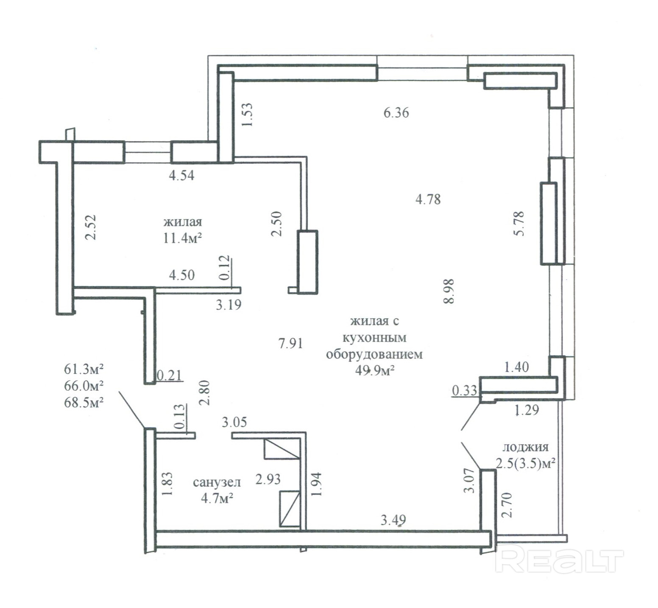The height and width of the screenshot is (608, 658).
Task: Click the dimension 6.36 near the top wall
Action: click(x=396, y=112)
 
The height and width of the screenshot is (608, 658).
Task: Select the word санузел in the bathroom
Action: click(x=217, y=482)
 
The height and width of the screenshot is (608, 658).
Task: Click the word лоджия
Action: click(x=525, y=447)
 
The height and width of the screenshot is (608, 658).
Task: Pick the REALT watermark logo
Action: click(x=559, y=560)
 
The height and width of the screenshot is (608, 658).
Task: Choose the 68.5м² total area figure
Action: click(x=84, y=402)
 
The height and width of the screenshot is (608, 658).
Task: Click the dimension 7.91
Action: click(x=290, y=343)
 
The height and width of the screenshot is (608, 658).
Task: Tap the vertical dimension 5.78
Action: click(x=519, y=223)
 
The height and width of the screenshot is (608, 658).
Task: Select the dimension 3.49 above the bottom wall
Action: click(x=393, y=520)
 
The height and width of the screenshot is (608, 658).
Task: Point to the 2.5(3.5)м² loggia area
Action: click(x=526, y=463)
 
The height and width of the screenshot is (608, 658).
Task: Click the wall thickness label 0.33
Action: click(x=465, y=390)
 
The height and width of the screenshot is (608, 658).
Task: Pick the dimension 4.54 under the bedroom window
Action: click(x=181, y=175)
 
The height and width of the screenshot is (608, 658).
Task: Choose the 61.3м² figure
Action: click(x=84, y=369)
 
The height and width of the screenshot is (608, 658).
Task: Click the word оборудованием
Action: click(x=374, y=354)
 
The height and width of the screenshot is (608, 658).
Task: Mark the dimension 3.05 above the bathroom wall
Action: click(x=234, y=422)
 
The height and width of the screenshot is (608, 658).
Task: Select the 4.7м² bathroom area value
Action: click(x=217, y=498)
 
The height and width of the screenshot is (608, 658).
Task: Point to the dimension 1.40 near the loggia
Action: click(x=516, y=367)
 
